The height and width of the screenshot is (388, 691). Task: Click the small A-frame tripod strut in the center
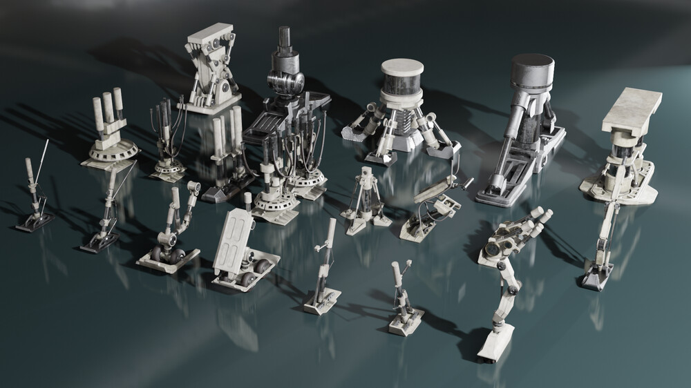[x=366, y=200]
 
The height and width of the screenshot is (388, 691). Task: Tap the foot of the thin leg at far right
[x=595, y=279]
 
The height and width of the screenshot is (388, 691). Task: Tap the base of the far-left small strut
[x=33, y=222]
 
